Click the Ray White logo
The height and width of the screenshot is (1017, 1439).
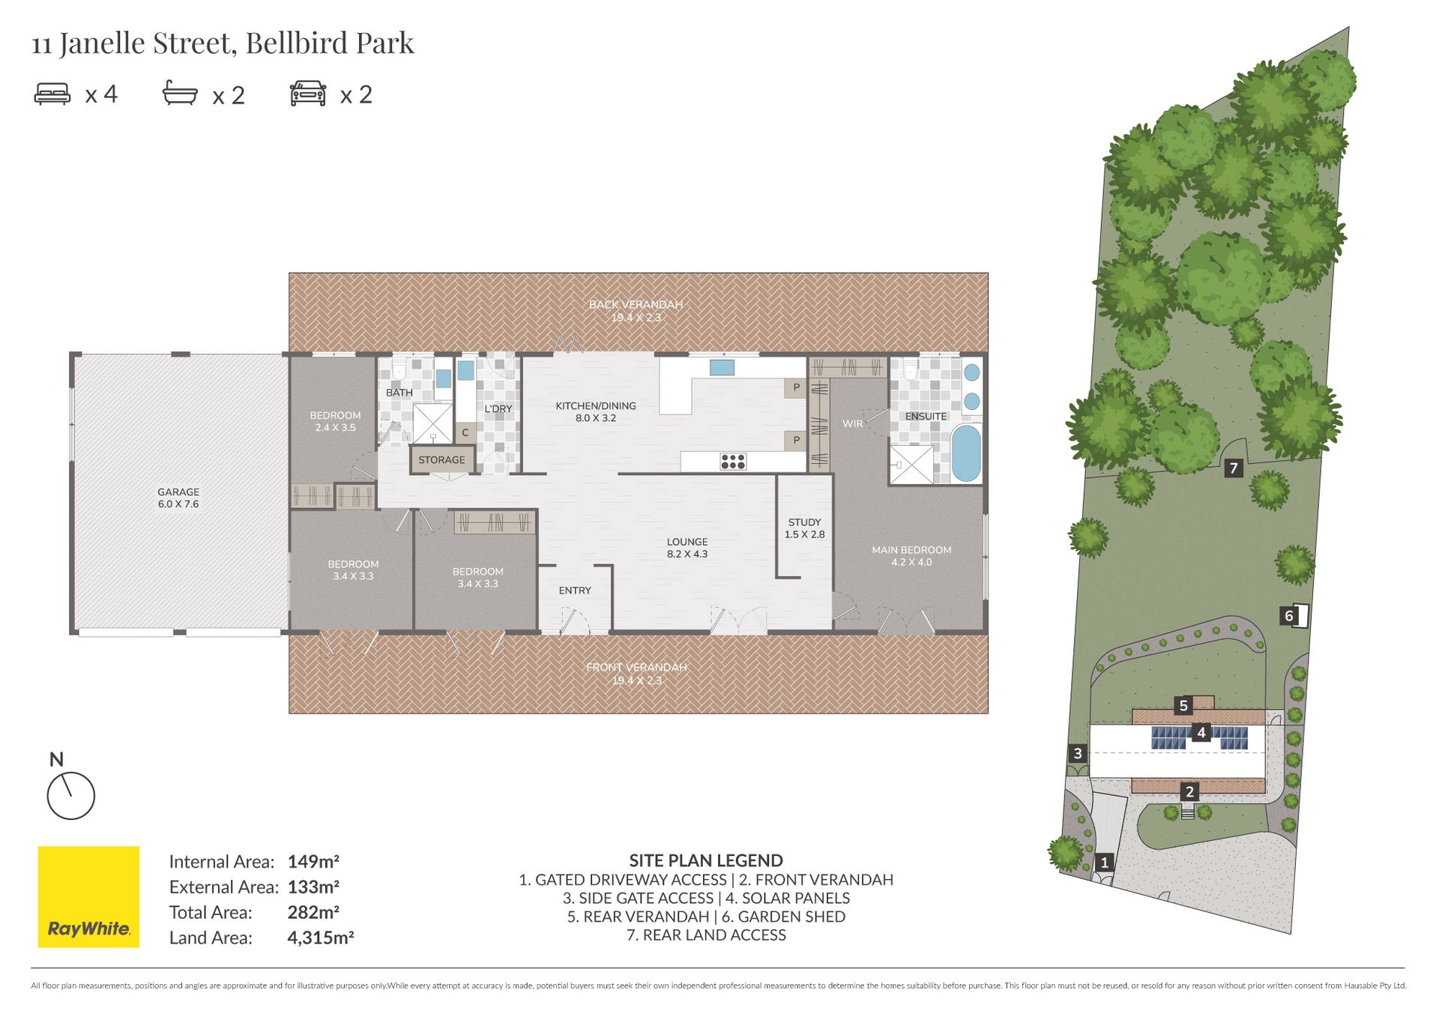tap(88, 896)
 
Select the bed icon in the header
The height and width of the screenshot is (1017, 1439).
tap(52, 94)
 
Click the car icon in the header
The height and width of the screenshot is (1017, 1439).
tap(308, 94)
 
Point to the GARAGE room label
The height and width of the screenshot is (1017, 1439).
tap(178, 492)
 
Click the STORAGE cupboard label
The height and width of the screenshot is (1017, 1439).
tap(441, 459)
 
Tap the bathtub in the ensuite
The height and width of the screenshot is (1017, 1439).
tap(966, 453)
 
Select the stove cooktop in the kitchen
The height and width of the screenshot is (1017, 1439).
tap(732, 462)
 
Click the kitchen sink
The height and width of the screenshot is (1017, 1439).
tap(722, 367)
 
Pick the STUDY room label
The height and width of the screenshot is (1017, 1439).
tap(804, 522)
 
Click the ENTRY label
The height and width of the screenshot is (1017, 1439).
tap(575, 591)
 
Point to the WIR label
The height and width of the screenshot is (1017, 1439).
tap(852, 423)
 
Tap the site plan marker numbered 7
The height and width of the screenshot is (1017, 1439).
tap(1233, 468)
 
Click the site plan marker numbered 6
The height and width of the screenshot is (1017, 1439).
tap(1288, 616)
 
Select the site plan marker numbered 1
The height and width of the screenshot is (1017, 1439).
tap(1104, 862)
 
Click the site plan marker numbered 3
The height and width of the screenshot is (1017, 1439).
tap(1078, 753)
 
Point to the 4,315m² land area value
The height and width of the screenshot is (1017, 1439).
tap(321, 938)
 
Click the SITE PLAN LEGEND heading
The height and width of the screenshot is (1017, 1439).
tap(706, 860)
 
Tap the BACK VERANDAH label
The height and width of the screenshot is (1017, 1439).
tap(636, 304)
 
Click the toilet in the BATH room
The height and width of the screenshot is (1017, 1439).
tap(398, 367)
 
